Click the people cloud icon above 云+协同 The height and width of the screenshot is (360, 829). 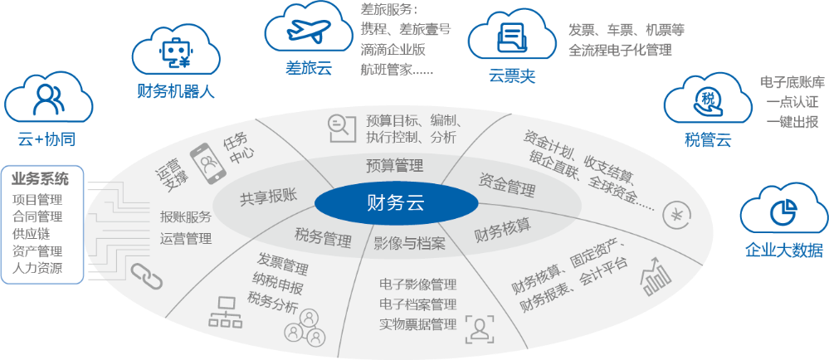click(45, 100)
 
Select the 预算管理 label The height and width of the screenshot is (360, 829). click(395, 164)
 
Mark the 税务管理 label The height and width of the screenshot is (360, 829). click(323, 237)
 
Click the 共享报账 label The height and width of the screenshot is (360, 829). click(268, 198)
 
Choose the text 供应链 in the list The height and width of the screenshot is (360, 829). click(32, 233)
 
